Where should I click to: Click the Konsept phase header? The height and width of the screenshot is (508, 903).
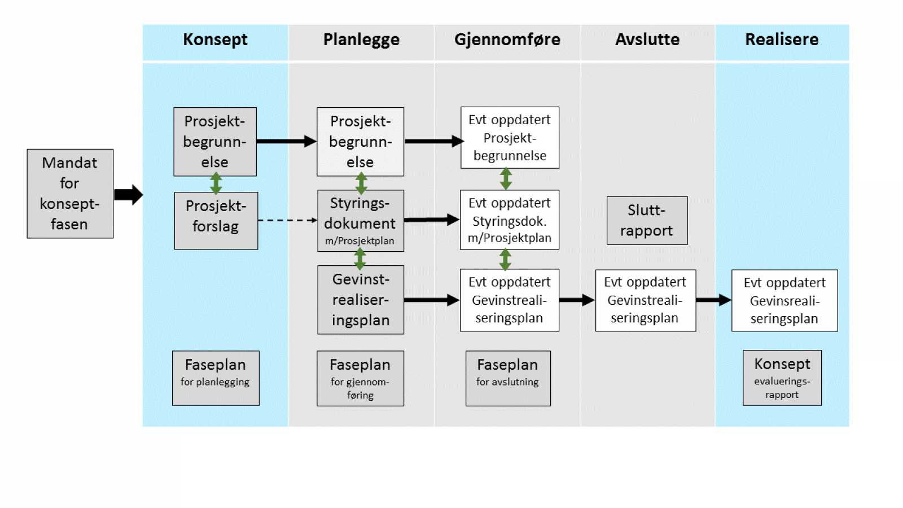point(215,40)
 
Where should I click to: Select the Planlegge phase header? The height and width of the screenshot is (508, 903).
point(361,40)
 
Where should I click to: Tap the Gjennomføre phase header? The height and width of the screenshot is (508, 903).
point(507,40)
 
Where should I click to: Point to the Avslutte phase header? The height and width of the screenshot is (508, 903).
point(647,40)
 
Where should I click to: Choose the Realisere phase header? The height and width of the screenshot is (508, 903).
point(782,40)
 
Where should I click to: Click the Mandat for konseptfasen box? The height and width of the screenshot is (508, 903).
point(70,194)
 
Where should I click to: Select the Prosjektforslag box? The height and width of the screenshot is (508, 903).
point(216,221)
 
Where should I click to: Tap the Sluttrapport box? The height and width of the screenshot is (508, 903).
point(647,220)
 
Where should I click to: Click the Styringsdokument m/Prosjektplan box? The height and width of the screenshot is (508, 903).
point(360,221)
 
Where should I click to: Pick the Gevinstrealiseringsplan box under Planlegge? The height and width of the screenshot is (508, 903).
point(360,300)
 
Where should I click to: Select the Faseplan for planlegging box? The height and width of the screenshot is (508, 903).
point(216,378)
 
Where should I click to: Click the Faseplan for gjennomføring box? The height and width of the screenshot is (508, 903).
point(360,378)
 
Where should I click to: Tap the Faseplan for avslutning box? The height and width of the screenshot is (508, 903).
point(507,378)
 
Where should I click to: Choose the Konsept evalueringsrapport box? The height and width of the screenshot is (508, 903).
point(782,378)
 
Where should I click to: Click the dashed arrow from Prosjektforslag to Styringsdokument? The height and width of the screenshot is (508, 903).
point(287,220)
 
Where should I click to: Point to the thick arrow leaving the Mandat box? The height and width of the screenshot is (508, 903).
point(128,195)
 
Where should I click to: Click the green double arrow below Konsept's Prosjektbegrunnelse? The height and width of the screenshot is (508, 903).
point(216,183)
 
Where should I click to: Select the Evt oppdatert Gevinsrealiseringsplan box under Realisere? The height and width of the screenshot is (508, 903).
point(784,300)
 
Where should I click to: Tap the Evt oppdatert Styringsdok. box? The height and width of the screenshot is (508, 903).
point(509,220)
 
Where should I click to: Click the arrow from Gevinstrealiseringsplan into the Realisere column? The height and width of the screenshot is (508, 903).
point(713,300)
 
